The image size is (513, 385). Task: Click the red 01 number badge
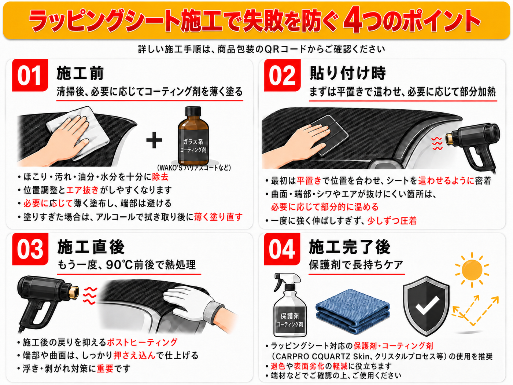pyautogui.click(x=30, y=75)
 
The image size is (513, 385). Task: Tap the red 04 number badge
pyautogui.click(x=282, y=249)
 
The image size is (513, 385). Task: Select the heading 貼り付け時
pyautogui.click(x=347, y=73)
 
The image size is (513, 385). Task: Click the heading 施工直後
pyautogui.click(x=91, y=247)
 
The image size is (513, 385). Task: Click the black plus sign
pyautogui.click(x=154, y=140)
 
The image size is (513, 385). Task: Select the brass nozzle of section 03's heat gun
pyautogui.click(x=74, y=293)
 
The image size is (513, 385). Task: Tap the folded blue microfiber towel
pyautogui.click(x=353, y=311)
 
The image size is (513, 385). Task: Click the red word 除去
pyautogui.click(x=160, y=177)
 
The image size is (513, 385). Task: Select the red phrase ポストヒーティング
pyautogui.click(x=142, y=342)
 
